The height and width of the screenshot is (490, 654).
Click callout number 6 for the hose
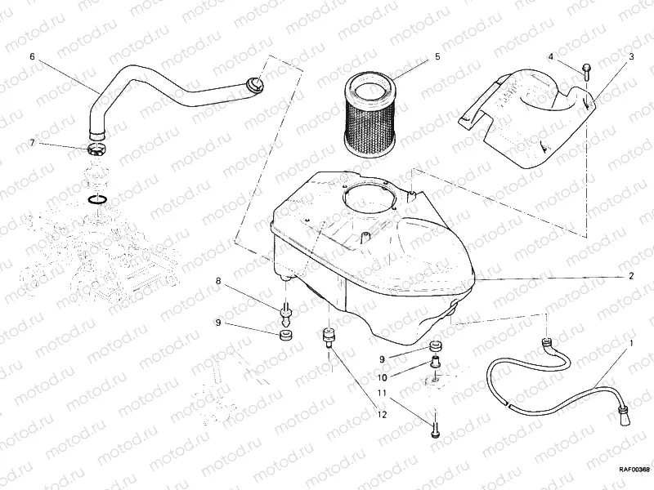(32, 57)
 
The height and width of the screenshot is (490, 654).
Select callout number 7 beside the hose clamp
(32, 143)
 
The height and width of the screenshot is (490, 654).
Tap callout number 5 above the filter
(437, 56)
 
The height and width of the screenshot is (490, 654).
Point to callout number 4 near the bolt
(551, 57)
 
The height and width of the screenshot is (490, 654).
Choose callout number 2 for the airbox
(631, 276)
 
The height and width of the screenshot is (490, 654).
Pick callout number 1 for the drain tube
(631, 345)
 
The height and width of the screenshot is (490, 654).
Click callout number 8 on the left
(218, 282)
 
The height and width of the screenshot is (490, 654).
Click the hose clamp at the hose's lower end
(96, 149)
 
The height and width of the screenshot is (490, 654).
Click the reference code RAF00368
(634, 469)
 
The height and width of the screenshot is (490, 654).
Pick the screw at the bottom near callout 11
(434, 425)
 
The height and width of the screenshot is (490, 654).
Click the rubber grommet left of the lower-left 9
(285, 336)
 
